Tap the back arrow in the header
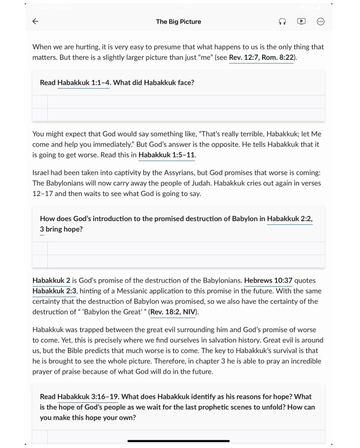35,21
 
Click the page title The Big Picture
178,21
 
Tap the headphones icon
282,21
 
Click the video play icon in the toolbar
301,21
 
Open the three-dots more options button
321,21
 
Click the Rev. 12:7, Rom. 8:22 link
261,57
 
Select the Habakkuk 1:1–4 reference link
83,83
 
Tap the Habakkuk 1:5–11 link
167,155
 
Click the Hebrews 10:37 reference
268,280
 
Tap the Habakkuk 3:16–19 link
88,397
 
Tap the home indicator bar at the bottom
179,441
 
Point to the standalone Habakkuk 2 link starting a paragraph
51,280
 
